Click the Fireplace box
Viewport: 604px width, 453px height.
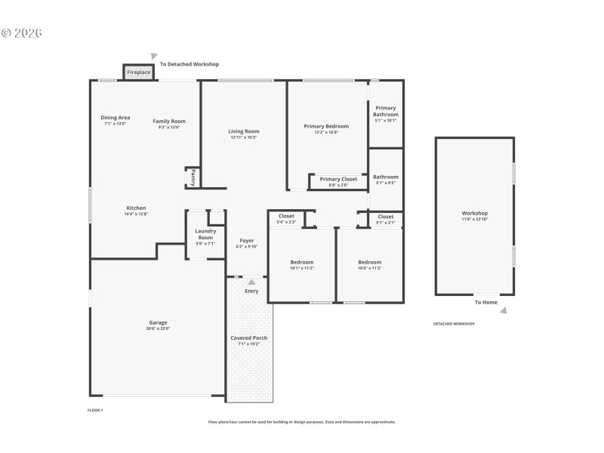point(138,72)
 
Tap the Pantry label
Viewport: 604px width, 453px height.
point(193,177)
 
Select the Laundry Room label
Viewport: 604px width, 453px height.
point(205,236)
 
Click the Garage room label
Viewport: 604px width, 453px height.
point(158,325)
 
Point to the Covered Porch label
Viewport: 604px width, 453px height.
point(249,341)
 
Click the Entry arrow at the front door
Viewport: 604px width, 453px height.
point(251,282)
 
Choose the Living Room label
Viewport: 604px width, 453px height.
point(244,134)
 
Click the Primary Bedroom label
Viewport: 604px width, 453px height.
point(326,128)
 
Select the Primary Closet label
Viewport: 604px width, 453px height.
point(338,181)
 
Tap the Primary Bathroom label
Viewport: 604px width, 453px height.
point(385,114)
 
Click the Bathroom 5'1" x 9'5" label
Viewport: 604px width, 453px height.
point(385,180)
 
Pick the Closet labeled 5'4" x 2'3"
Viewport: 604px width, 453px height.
point(286,219)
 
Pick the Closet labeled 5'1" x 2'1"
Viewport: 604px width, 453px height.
point(385,219)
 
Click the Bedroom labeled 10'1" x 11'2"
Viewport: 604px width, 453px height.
point(302,264)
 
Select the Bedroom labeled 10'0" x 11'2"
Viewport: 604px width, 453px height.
point(369,264)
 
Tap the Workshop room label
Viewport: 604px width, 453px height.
point(475,216)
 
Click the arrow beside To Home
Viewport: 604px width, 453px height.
point(504,310)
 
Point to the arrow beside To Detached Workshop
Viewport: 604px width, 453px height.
point(154,57)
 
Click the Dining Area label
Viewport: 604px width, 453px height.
point(116,120)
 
